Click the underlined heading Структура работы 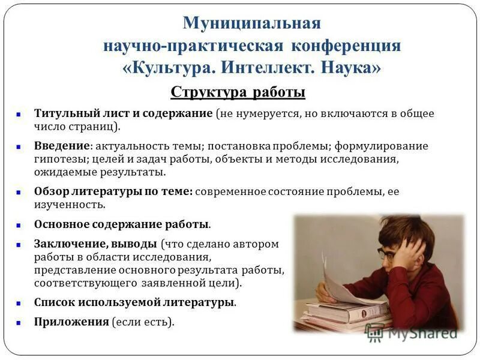(x=238, y=92)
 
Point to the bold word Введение (x=62, y=146)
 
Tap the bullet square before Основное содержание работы (x=19, y=225)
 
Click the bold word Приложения (x=71, y=322)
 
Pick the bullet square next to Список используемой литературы (x=19, y=302)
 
